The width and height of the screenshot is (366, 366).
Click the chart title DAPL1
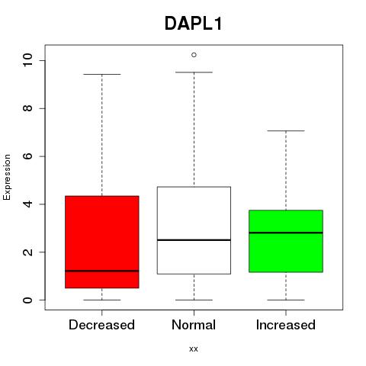pyautogui.click(x=194, y=24)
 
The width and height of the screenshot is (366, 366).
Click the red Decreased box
pyautogui.click(x=102, y=242)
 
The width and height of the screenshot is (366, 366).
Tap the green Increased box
pyautogui.click(x=286, y=241)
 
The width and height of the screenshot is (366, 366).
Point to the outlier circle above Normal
pyautogui.click(x=194, y=55)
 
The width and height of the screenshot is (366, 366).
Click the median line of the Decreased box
pyautogui.click(x=102, y=271)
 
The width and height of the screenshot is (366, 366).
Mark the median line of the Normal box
pyautogui.click(x=194, y=240)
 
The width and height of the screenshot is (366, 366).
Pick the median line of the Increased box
pyautogui.click(x=286, y=233)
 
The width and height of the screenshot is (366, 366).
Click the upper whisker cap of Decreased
pyautogui.click(x=102, y=75)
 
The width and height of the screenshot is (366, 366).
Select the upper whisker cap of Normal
pyautogui.click(x=194, y=72)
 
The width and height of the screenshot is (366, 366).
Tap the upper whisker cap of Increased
pyautogui.click(x=286, y=131)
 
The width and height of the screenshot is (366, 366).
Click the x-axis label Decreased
pyautogui.click(x=101, y=325)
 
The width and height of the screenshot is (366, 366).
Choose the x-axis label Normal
pyautogui.click(x=194, y=325)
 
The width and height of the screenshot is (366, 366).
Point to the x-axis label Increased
pyautogui.click(x=286, y=325)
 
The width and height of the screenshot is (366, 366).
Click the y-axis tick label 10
pyautogui.click(x=28, y=60)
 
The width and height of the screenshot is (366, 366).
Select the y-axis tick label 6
pyautogui.click(x=28, y=156)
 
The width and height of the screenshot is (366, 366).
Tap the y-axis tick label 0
pyautogui.click(x=28, y=300)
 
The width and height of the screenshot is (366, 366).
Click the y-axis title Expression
pyautogui.click(x=7, y=177)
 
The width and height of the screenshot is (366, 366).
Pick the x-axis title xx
pyautogui.click(x=194, y=349)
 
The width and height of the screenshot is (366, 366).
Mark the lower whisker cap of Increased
pyautogui.click(x=286, y=300)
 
